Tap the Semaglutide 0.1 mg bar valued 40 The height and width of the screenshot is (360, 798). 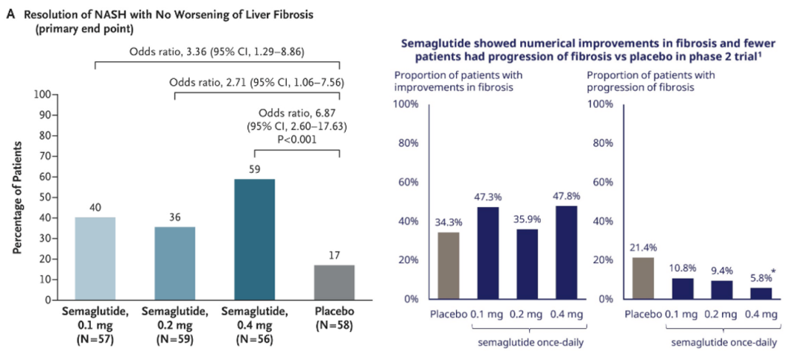tap(96, 259)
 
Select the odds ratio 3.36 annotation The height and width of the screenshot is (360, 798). tap(216, 52)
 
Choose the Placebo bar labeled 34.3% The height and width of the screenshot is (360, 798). tap(449, 265)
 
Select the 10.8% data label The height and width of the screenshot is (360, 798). tap(683, 268)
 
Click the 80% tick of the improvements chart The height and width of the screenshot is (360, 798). tap(408, 143)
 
